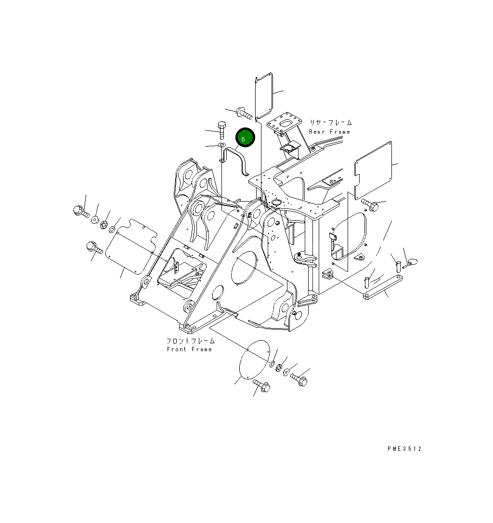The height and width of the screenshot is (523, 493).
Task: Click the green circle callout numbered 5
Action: click(x=244, y=138)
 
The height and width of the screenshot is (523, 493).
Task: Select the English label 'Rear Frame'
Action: click(x=329, y=132)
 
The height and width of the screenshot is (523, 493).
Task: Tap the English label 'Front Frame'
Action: click(x=189, y=349)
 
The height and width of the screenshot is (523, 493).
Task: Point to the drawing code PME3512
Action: click(x=404, y=449)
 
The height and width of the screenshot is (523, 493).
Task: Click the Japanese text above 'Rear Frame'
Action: click(x=330, y=123)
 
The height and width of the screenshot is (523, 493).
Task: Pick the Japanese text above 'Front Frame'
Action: click(x=191, y=341)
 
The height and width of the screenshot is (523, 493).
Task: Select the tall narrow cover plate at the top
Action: click(x=263, y=96)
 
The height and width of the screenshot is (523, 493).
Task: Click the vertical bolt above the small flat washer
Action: click(x=221, y=130)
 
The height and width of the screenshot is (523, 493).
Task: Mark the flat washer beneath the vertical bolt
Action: click(x=221, y=145)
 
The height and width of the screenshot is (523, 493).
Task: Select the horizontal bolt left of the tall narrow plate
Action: click(x=244, y=114)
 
